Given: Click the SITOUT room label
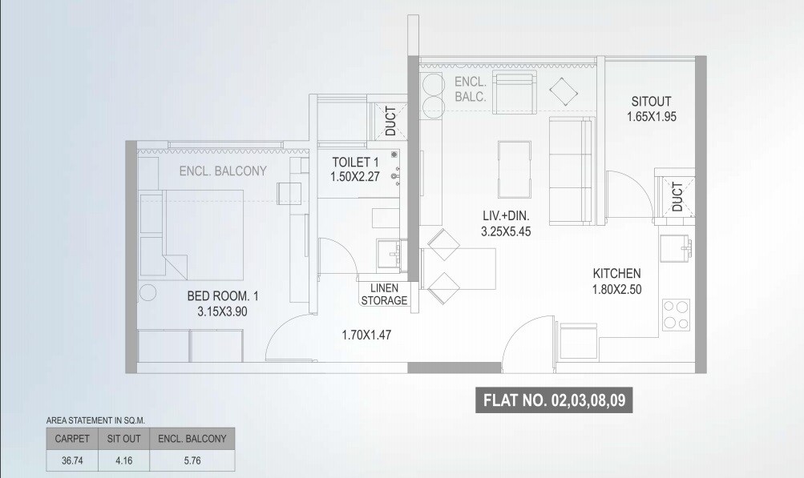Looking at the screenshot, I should [651, 102].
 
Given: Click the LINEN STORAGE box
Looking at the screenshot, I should [385, 295].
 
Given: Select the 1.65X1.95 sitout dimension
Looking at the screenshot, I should [651, 117].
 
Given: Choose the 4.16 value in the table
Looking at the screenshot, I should [123, 460].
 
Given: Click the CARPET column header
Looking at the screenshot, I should [71, 438].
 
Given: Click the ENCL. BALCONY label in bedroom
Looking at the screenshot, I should [223, 171].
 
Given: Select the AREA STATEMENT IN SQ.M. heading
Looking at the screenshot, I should [95, 419].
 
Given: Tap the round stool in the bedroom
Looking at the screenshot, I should [149, 293].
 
